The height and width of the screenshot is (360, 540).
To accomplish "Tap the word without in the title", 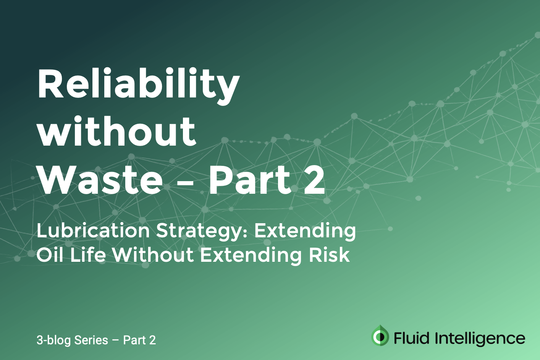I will [x=117, y=132].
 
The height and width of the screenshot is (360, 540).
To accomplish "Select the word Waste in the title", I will [x=100, y=180].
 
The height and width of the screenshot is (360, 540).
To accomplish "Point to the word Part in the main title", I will [x=250, y=180].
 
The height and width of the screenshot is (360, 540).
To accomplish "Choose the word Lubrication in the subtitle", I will [x=93, y=231].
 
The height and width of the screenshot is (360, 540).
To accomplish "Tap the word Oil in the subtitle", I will [x=50, y=255].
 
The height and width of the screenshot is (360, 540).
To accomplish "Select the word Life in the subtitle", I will [x=88, y=255].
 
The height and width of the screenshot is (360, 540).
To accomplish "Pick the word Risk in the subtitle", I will [x=329, y=255].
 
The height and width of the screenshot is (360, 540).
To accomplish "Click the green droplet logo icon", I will [x=380, y=336].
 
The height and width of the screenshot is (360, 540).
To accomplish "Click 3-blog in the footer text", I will [x=53, y=340].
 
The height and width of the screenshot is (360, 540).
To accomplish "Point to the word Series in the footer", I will [x=91, y=340].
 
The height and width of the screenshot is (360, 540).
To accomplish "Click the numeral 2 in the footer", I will [x=152, y=340].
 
